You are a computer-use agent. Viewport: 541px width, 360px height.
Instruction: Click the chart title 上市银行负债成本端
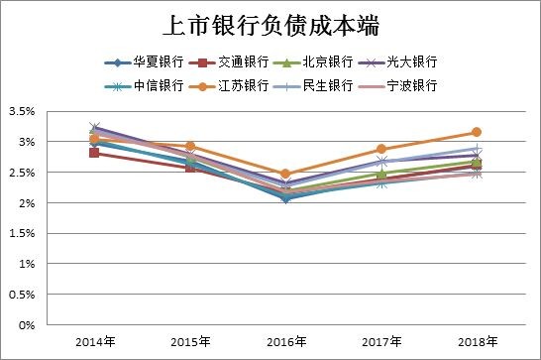(x=270, y=25)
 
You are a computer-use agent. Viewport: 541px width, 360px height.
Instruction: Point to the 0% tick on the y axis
(x=27, y=324)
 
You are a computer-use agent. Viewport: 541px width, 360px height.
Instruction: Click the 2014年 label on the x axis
(x=94, y=342)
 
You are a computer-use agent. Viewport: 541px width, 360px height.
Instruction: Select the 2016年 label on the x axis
(x=285, y=342)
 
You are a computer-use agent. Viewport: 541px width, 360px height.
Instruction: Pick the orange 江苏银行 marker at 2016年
(x=285, y=174)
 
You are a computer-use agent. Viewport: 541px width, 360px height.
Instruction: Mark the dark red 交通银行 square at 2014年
(x=94, y=153)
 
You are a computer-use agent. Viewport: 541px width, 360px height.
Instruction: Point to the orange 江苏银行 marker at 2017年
(x=380, y=149)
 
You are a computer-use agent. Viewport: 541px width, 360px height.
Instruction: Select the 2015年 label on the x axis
(x=189, y=342)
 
